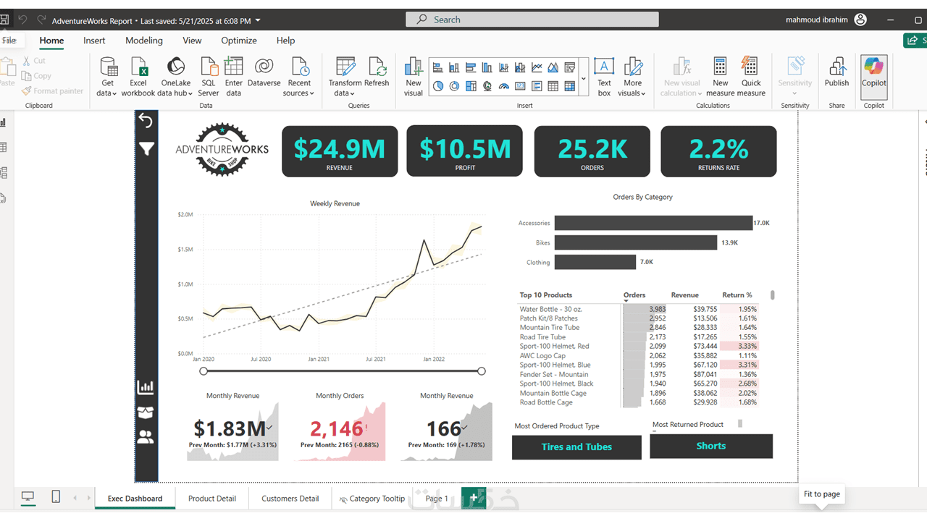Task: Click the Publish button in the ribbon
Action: click(x=836, y=74)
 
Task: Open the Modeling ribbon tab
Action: click(x=144, y=41)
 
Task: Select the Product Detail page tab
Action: click(x=212, y=499)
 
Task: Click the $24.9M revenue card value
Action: click(x=339, y=148)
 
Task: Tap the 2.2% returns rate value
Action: click(x=718, y=148)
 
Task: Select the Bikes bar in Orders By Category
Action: click(x=635, y=243)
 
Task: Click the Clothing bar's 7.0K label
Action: click(x=646, y=262)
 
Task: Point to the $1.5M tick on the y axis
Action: click(x=185, y=250)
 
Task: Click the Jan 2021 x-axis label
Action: click(x=319, y=359)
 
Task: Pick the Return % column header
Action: click(x=737, y=295)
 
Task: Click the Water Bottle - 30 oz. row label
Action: click(x=550, y=309)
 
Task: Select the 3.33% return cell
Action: click(x=747, y=347)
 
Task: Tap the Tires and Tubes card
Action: click(x=576, y=447)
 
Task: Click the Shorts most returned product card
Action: click(x=710, y=446)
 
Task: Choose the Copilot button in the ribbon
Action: click(x=873, y=74)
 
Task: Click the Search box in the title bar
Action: click(x=532, y=20)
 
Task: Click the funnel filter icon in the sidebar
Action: click(x=146, y=149)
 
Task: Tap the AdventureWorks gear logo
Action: click(x=222, y=150)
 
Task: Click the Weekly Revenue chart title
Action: click(x=335, y=203)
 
